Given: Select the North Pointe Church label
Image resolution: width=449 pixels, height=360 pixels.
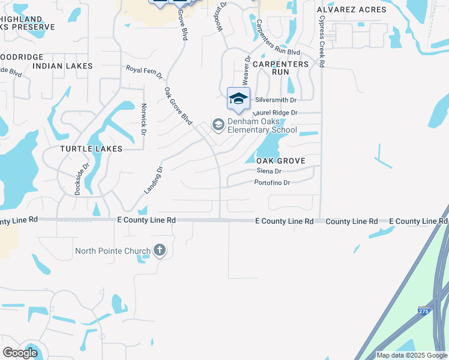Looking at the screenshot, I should (113, 250).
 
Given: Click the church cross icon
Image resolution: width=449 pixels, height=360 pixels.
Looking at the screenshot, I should (159, 250).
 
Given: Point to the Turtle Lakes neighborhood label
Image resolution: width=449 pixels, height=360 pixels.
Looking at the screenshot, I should (91, 148).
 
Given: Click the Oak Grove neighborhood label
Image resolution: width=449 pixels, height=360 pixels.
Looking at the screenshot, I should (281, 161).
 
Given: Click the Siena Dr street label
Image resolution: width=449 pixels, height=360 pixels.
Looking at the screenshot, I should (268, 171).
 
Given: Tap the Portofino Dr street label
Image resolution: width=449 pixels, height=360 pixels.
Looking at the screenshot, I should (272, 182).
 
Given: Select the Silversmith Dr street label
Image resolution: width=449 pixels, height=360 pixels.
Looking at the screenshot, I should (276, 100).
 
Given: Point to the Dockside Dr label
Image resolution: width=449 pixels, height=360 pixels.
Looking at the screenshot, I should (82, 180).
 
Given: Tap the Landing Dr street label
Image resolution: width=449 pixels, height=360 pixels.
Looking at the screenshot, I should (154, 180).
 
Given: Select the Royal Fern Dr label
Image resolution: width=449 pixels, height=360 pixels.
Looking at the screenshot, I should (144, 72).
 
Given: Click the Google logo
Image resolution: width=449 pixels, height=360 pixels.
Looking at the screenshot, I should (20, 353).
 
